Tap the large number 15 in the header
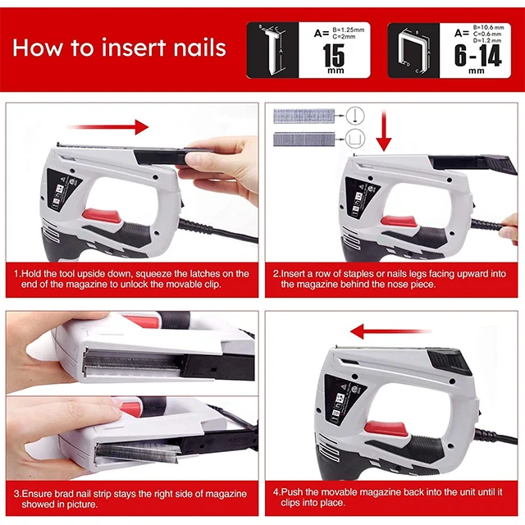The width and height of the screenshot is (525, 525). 334,56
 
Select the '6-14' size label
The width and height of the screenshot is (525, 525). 477,56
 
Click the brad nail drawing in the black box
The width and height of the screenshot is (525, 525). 273,49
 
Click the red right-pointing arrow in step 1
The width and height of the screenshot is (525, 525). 107,127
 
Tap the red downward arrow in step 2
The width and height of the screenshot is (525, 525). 384,130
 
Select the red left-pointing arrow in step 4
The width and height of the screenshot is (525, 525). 390,331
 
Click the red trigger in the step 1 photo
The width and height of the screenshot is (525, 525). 100,217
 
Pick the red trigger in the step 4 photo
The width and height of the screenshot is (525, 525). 386,429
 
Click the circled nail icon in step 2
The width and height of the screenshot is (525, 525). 355,116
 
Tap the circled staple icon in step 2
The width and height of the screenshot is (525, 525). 355,139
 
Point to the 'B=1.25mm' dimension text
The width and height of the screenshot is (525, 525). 348,30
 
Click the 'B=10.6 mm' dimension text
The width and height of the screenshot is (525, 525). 489,27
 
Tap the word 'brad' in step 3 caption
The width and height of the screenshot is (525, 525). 64,494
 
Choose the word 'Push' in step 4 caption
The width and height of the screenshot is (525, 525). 292,492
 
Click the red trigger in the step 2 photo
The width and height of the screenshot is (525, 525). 398,221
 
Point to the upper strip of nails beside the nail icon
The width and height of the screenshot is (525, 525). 304,116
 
